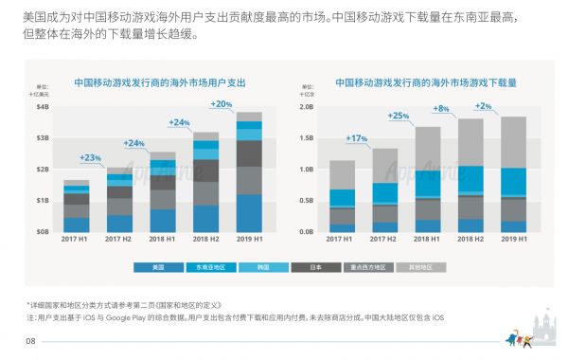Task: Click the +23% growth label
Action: coord(91,157)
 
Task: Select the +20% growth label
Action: coord(221,103)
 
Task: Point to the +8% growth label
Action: coord(441,109)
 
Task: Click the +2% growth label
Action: coord(483,106)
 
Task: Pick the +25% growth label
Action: coord(399,116)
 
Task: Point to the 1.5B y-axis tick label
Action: coord(307,138)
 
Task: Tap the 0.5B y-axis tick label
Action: coord(307,200)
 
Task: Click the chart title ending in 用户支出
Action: coord(160,83)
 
